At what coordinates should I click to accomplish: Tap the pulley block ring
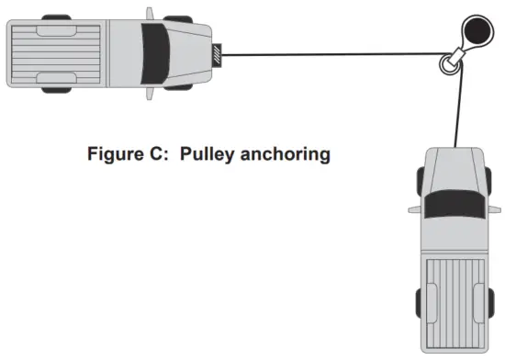(x=449, y=62)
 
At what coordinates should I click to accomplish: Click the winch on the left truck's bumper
(x=217, y=54)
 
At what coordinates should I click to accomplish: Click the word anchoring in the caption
(x=286, y=153)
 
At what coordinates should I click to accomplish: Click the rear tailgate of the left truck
(x=11, y=53)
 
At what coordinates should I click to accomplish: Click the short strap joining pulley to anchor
(x=462, y=47)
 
